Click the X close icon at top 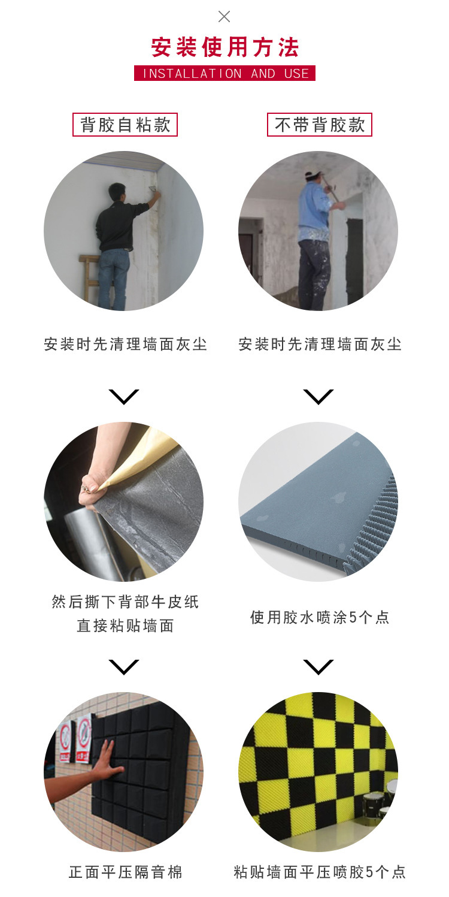pyautogui.click(x=224, y=16)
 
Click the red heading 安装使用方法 pyautogui.click(x=224, y=47)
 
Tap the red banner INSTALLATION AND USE pyautogui.click(x=224, y=73)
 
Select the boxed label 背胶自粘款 pyautogui.click(x=125, y=125)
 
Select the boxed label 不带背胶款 pyautogui.click(x=319, y=125)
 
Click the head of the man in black pyautogui.click(x=117, y=192)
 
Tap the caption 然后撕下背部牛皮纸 pyautogui.click(x=125, y=602)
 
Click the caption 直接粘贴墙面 pyautogui.click(x=125, y=626)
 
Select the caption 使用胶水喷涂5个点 pyautogui.click(x=319, y=617)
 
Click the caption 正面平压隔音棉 pyautogui.click(x=125, y=872)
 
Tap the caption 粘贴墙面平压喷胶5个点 pyautogui.click(x=319, y=872)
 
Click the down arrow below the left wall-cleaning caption pyautogui.click(x=124, y=397)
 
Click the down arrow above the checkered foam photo pyautogui.click(x=318, y=667)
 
